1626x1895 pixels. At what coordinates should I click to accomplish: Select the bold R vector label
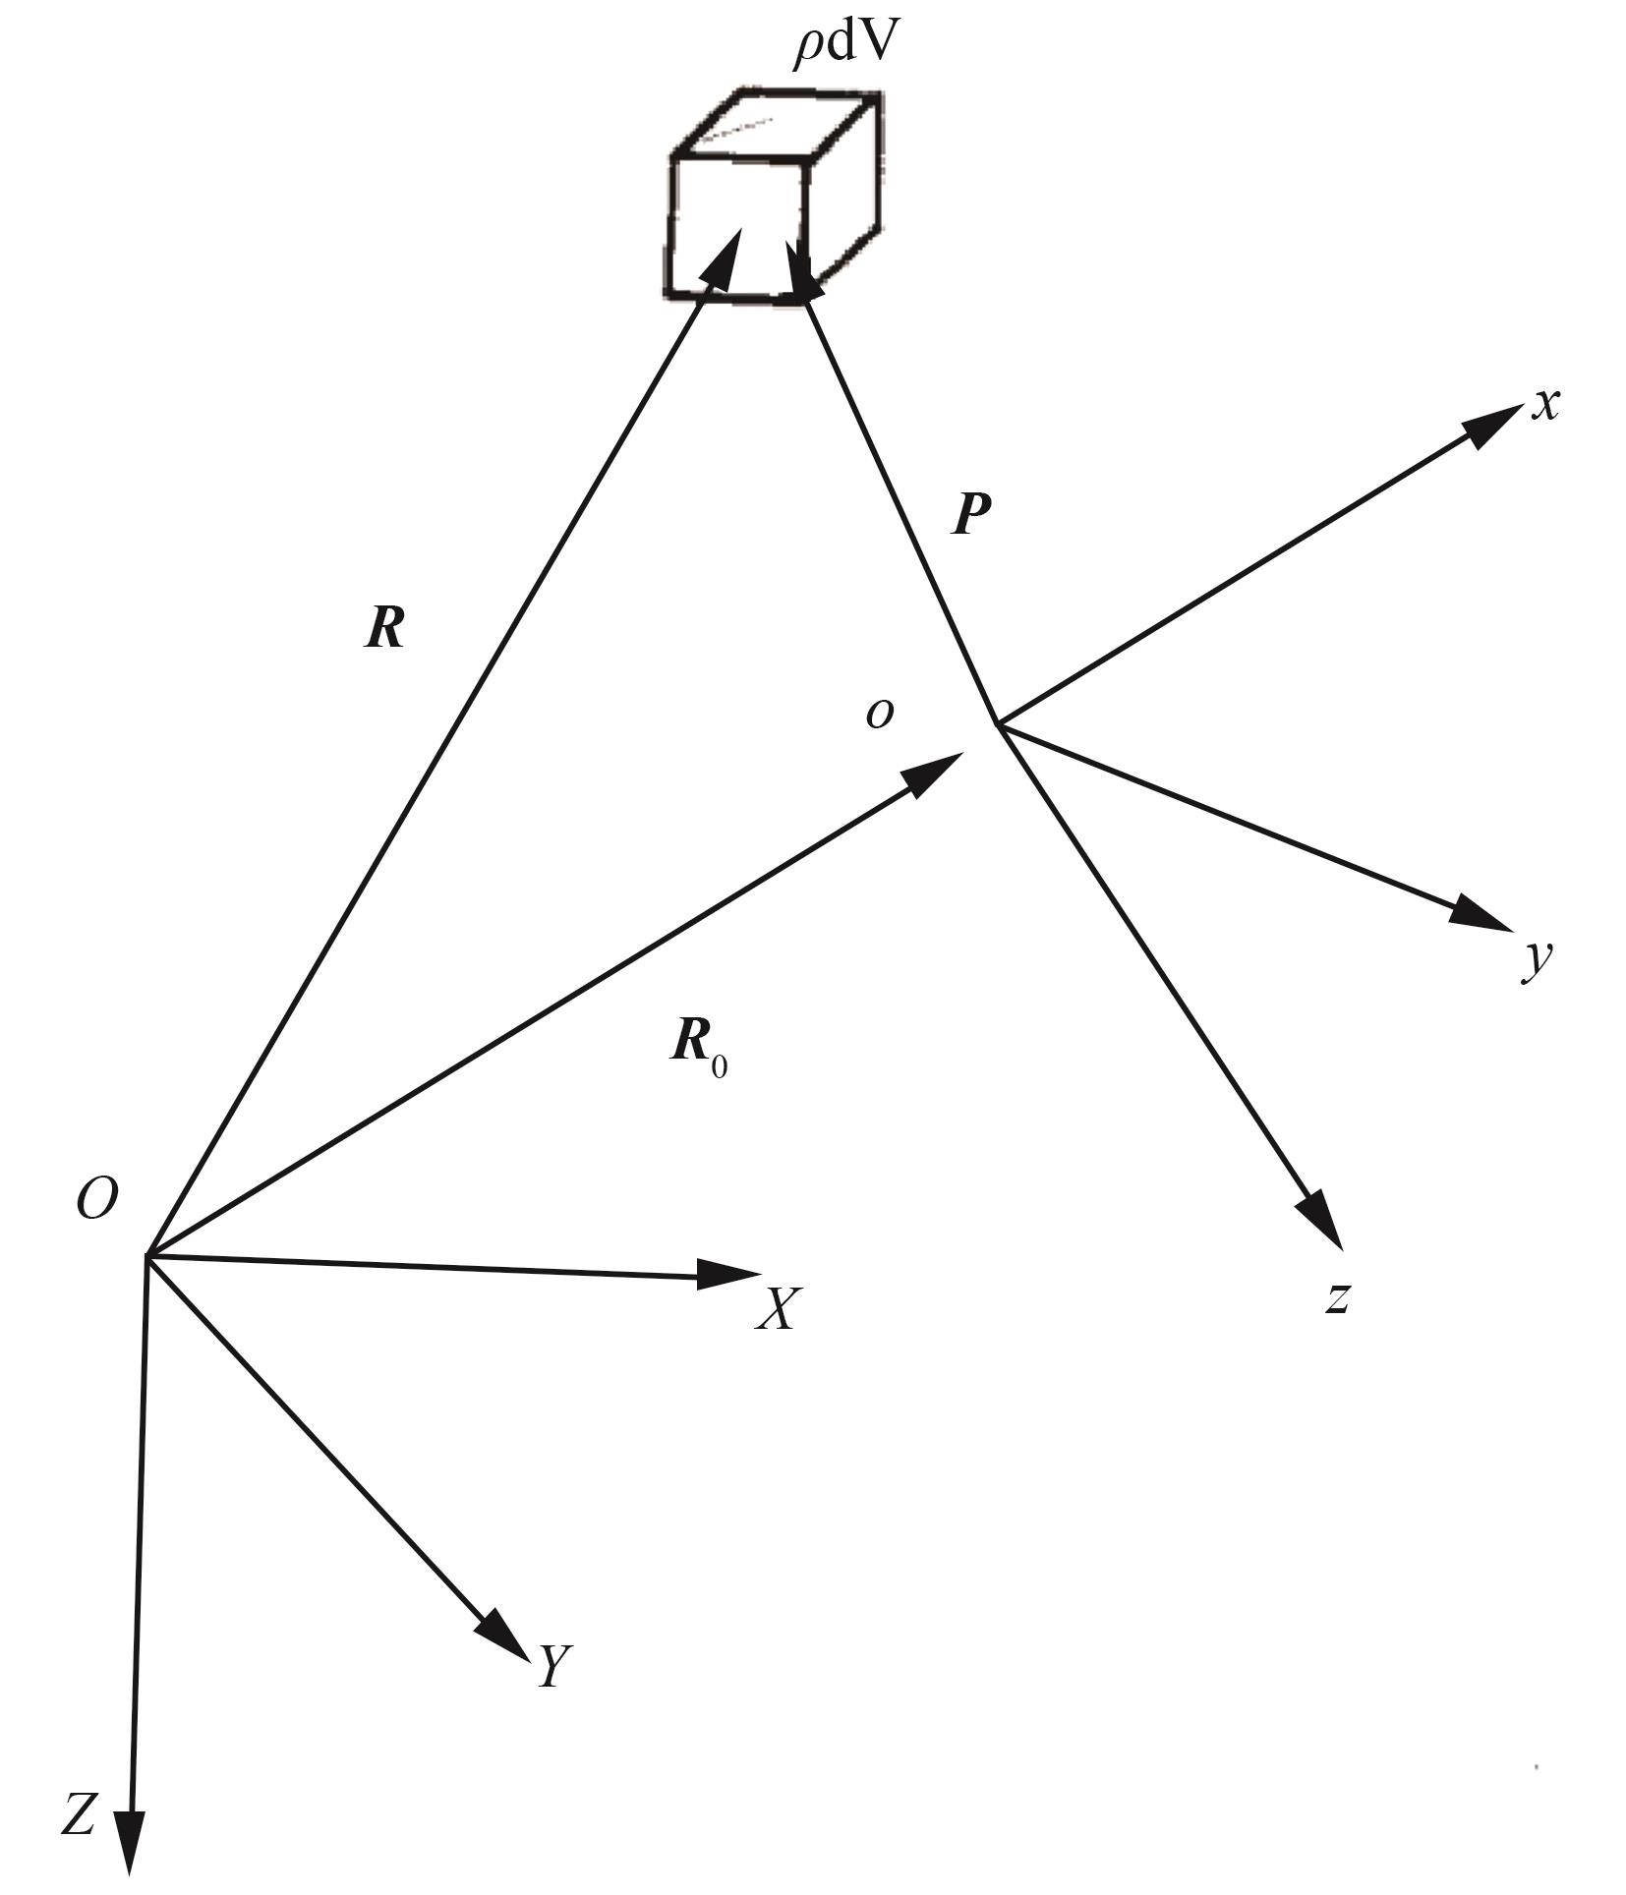coord(385,626)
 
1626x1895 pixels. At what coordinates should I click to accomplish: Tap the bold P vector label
coord(971,512)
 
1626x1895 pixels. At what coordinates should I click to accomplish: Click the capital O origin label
coord(97,1199)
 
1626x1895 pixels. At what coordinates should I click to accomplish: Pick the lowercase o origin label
coord(880,713)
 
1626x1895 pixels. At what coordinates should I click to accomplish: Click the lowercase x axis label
coord(1545,404)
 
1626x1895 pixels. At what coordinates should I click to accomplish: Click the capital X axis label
coord(779,1308)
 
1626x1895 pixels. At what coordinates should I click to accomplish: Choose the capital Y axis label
coord(553,1665)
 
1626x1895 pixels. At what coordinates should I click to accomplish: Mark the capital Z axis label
coord(79,1813)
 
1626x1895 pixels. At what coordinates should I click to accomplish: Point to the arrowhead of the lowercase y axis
coord(1481,913)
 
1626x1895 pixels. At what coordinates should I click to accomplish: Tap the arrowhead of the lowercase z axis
coord(1323,1221)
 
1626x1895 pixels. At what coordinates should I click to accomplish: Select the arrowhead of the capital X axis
coord(728,1274)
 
